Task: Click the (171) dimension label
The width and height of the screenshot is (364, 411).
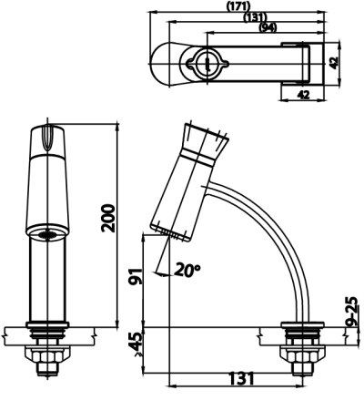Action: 238,5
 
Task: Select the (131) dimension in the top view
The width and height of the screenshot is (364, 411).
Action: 256,17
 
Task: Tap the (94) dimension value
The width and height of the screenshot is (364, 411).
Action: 268,27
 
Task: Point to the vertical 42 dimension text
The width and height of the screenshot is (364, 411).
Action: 333,63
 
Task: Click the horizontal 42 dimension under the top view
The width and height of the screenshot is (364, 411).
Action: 303,95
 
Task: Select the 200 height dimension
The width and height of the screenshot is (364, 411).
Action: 108,219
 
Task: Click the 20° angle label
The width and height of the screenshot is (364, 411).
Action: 187,270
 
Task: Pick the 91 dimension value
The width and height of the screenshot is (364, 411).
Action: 136,276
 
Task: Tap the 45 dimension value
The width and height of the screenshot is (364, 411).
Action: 136,343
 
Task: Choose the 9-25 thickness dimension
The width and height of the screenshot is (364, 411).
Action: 352,312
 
